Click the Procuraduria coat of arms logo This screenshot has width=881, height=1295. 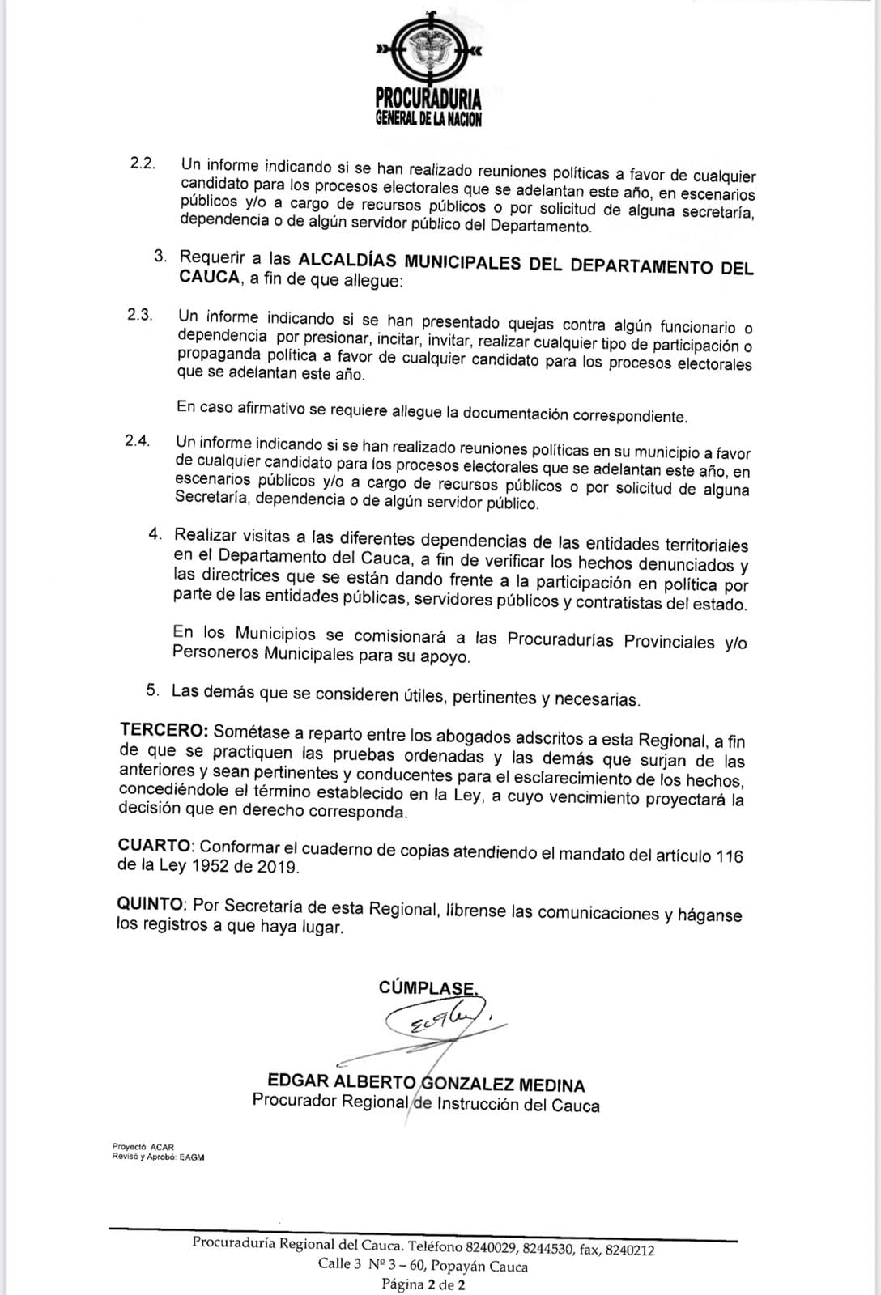point(428,50)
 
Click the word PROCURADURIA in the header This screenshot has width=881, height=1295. point(428,100)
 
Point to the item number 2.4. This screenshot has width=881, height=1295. point(138,441)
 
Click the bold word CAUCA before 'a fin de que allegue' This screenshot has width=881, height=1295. point(209,278)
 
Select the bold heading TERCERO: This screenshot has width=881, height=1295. point(165,731)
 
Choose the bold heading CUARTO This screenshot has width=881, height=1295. point(155,845)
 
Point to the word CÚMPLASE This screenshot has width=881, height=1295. point(427,987)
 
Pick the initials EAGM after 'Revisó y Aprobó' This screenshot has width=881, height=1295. point(192,1157)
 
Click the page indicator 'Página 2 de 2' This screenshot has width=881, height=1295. point(423,1284)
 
